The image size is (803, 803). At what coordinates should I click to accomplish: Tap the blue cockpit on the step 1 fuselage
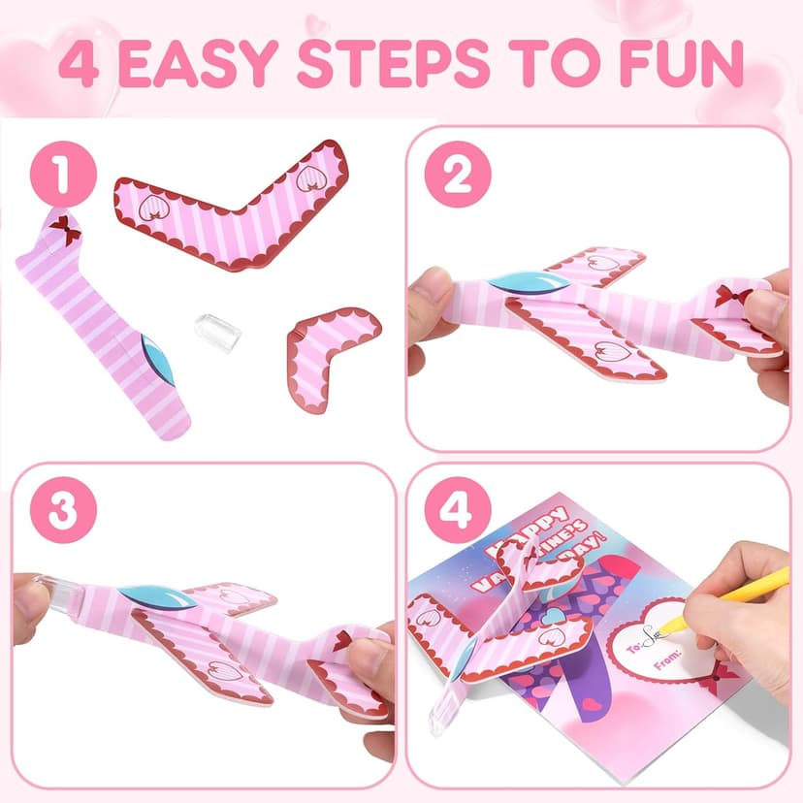(156, 361)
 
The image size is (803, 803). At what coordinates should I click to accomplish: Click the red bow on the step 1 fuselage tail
(64, 230)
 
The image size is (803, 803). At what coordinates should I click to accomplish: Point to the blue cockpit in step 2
(524, 283)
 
